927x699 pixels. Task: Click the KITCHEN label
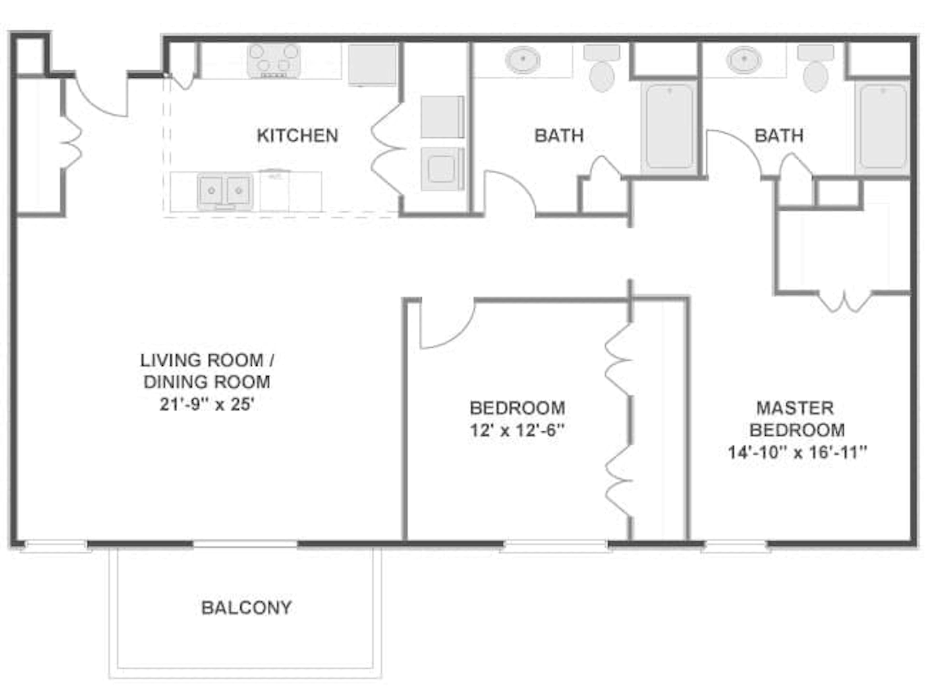pos(297,136)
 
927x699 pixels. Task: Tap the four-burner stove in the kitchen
pos(273,61)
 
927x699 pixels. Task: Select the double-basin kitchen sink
pos(225,191)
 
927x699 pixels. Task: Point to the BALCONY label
pos(246,608)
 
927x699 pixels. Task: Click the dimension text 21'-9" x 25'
pos(207,405)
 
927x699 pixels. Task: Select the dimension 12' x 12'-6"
pos(518,430)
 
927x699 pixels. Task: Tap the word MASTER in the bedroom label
pos(795,408)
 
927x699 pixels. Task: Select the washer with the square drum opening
pos(442,169)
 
